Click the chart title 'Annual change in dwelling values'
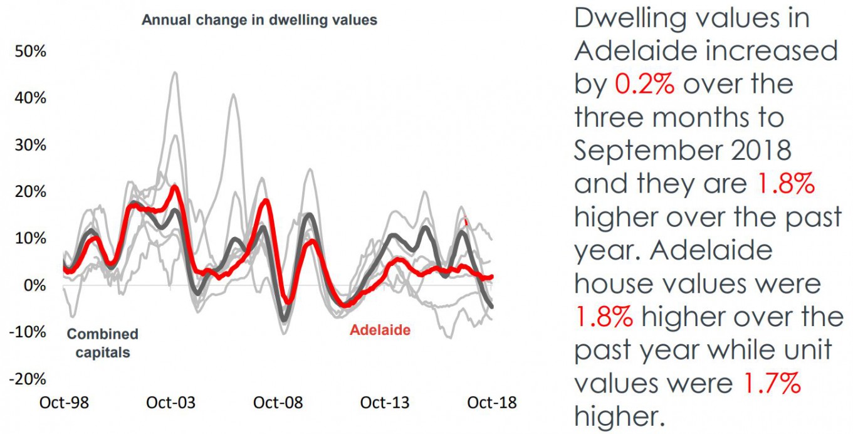259,20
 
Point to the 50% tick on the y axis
31,51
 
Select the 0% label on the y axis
35,285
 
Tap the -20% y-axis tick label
29,379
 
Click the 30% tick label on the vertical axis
31,145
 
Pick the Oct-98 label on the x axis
64,402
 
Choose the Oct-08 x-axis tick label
278,402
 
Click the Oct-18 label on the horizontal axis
492,402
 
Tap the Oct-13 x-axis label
385,402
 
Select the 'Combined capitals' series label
102,343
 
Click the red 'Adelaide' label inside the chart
380,330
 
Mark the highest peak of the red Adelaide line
175,187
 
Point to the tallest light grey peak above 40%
175,73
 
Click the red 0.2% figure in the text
644,83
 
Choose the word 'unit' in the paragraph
807,349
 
